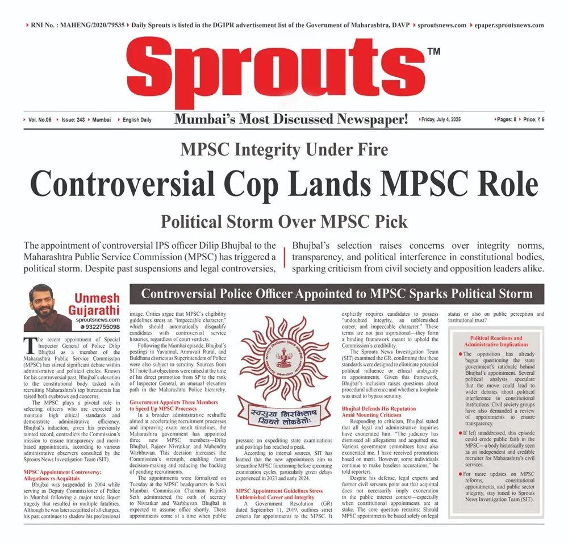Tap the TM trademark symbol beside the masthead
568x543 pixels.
pyautogui.click(x=433, y=52)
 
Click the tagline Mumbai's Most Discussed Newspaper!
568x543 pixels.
pyautogui.click(x=291, y=120)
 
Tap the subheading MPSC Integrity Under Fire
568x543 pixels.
pyautogui.click(x=284, y=150)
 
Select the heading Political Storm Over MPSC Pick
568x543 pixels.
pyautogui.click(x=284, y=220)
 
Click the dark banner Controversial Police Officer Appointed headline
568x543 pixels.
pyautogui.click(x=336, y=294)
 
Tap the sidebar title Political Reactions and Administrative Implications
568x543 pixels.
pyautogui.click(x=496, y=341)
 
